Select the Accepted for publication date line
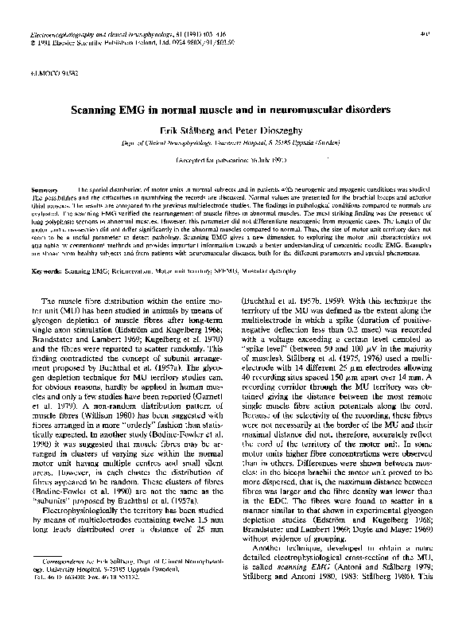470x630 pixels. pyautogui.click(x=235, y=160)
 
